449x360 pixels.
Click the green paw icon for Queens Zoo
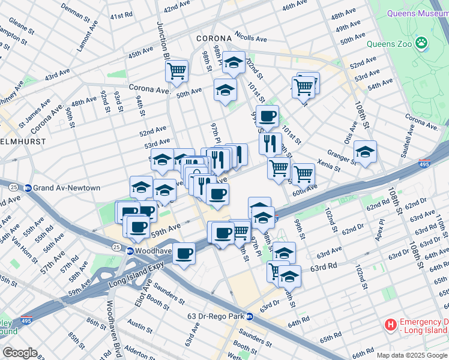pyautogui.click(x=423, y=42)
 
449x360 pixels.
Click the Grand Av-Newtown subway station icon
pyautogui.click(x=28, y=188)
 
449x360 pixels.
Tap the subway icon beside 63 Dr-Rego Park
pyautogui.click(x=250, y=316)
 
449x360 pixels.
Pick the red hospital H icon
pyautogui.click(x=391, y=325)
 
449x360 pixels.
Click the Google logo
pyautogui.click(x=20, y=353)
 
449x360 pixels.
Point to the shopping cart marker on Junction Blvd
pyautogui.click(x=177, y=71)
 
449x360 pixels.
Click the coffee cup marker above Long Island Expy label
pyautogui.click(x=184, y=254)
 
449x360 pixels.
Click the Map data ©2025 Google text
pyautogui.click(x=412, y=355)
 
